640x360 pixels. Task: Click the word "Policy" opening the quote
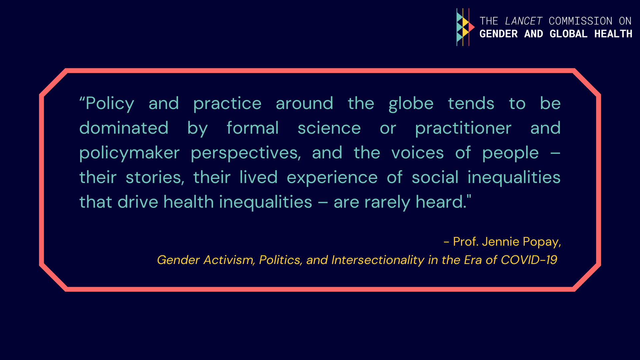pos(110,104)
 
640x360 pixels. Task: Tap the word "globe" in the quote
pos(411,104)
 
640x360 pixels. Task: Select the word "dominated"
pos(124,128)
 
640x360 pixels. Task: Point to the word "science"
pos(329,128)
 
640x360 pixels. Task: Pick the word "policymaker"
pos(129,153)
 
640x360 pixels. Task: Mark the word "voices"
pos(417,153)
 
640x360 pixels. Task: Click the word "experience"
pos(332,178)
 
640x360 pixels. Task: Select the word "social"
pos(435,177)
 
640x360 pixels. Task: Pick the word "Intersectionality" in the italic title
pos(378,260)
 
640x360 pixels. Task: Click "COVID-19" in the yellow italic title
pos(529,260)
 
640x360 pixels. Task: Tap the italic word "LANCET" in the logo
pos(524,21)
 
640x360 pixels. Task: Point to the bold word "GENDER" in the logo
pos(498,34)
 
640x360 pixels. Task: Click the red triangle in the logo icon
pos(471,27)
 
